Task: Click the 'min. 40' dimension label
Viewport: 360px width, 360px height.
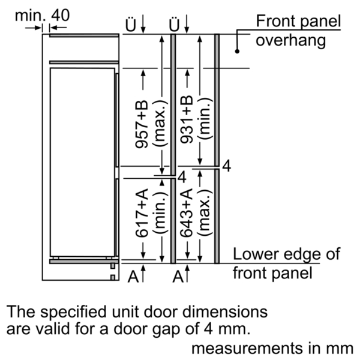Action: [x=42, y=16]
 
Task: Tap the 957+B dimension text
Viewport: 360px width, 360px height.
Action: [x=142, y=124]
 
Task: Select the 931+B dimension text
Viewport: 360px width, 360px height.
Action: [x=187, y=119]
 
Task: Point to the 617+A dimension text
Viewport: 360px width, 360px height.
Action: [x=142, y=213]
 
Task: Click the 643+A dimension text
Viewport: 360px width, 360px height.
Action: [x=187, y=213]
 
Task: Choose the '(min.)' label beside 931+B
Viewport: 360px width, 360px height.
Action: [x=205, y=118]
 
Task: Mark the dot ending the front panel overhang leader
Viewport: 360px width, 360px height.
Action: [x=237, y=51]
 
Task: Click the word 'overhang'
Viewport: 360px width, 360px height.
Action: [x=290, y=41]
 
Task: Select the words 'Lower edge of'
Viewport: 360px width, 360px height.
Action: [x=287, y=254]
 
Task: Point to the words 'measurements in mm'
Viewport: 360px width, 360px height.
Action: [x=272, y=348]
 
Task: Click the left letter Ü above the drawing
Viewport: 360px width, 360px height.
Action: [x=131, y=24]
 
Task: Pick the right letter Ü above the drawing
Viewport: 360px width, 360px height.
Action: [x=174, y=24]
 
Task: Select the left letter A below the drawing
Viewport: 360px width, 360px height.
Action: [x=133, y=277]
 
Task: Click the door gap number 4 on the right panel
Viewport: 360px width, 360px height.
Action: [x=227, y=166]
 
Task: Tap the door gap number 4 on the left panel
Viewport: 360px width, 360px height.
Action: [x=182, y=177]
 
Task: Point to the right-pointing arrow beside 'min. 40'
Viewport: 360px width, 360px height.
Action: [x=33, y=28]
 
